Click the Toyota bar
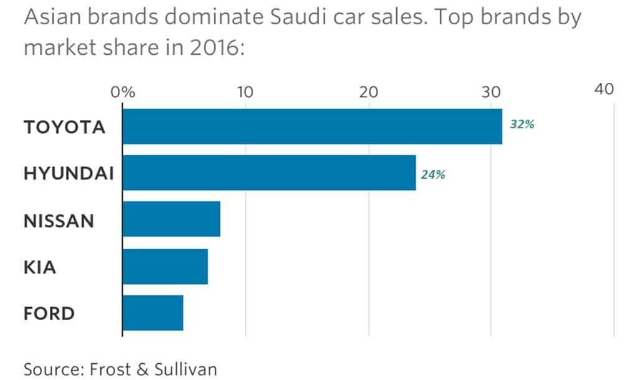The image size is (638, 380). [312, 126]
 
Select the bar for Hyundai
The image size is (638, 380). [269, 173]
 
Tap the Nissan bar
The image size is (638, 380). [171, 219]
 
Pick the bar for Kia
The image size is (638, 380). [165, 266]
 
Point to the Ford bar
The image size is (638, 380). [153, 313]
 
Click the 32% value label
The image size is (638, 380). [522, 124]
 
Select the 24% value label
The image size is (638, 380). [432, 174]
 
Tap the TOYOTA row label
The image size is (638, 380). [64, 127]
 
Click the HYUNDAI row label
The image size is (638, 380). [69, 173]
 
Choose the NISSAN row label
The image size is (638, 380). [59, 220]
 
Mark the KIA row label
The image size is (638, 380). [40, 267]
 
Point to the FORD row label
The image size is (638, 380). [49, 313]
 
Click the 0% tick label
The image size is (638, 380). [123, 92]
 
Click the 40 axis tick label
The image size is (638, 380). [604, 89]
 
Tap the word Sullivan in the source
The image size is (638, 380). [186, 368]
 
